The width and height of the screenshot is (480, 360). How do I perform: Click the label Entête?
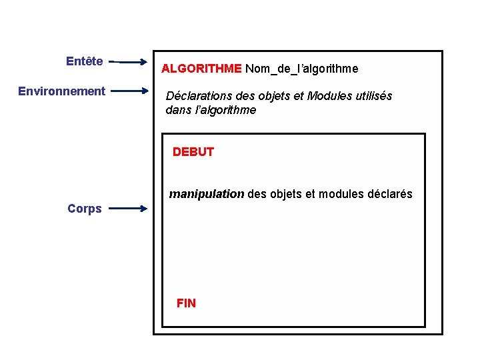84,61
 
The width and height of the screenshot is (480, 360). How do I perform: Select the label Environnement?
61,91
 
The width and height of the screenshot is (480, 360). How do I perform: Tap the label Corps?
85,209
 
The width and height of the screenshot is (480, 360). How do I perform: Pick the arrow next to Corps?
128,209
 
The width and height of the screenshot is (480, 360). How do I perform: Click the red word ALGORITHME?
201,69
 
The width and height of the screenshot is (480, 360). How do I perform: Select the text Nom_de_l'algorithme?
301,69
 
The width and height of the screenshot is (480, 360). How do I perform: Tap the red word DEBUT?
193,152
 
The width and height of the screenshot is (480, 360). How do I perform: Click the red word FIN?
186,303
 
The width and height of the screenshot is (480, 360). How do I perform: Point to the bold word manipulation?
207,195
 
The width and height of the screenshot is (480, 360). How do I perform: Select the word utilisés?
372,96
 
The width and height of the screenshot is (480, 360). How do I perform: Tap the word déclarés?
389,195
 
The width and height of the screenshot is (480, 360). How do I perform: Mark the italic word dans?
178,111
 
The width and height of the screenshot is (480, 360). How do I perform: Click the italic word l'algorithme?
225,111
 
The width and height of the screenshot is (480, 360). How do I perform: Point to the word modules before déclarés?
340,195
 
